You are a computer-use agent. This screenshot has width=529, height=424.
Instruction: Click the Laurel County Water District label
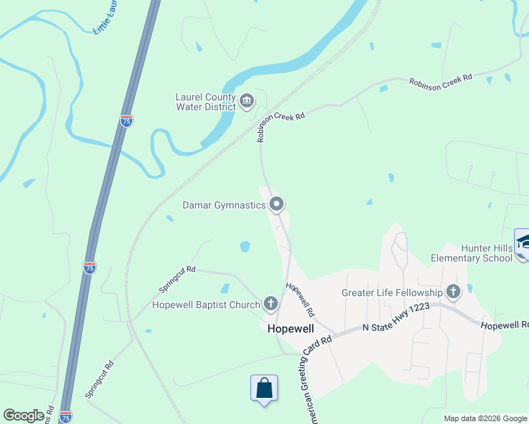coord(205,102)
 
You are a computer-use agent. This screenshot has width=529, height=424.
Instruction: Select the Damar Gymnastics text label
coord(223,205)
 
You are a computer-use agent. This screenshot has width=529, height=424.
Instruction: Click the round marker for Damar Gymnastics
coord(277,205)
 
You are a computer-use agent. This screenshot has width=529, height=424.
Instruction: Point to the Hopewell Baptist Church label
coord(205,305)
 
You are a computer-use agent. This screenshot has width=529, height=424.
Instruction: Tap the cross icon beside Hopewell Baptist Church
coord(270,305)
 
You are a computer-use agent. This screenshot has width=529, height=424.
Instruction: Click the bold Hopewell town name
coord(290,329)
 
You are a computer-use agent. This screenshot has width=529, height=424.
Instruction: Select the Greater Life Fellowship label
coord(392,292)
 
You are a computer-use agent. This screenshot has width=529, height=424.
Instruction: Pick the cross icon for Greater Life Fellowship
coord(453,291)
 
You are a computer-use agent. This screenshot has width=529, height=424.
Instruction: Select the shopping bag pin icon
coord(264,388)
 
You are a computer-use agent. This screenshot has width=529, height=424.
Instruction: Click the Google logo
coord(23,416)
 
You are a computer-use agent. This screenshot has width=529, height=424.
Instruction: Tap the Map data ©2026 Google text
coord(485,418)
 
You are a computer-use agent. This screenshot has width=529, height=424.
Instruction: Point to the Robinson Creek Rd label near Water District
coord(281,126)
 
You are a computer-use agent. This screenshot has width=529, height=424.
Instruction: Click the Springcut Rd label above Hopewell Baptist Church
coord(177,279)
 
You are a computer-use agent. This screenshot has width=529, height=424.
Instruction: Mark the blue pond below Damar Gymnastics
coord(245,247)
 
